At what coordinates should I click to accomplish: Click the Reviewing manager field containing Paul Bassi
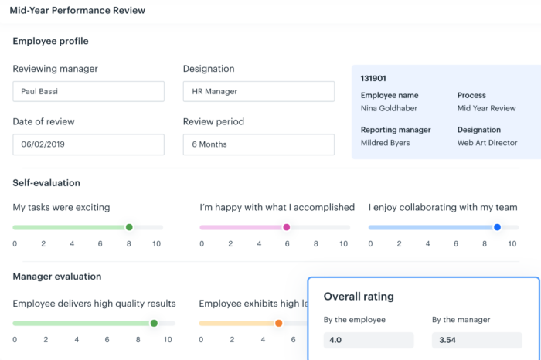[88, 91]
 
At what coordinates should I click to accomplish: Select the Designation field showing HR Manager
[258, 91]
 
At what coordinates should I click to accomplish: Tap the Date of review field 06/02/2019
[88, 144]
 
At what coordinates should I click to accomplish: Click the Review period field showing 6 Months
[258, 144]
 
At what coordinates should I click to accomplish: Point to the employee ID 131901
[375, 78]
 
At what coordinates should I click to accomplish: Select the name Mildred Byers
[385, 143]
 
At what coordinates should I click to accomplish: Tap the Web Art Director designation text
[486, 143]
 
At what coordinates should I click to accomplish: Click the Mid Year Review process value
[485, 108]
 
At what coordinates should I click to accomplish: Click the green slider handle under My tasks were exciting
[129, 227]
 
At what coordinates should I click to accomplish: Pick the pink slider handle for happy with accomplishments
[286, 227]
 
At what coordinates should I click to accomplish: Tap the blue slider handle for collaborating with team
[497, 227]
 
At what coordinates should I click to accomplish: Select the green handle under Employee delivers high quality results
[154, 323]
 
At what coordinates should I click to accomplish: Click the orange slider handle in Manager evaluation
[278, 323]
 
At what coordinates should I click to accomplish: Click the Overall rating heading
[358, 296]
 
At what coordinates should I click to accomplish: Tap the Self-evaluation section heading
[46, 183]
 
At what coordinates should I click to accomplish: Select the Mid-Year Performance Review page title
[77, 11]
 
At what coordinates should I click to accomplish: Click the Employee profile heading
[50, 41]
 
